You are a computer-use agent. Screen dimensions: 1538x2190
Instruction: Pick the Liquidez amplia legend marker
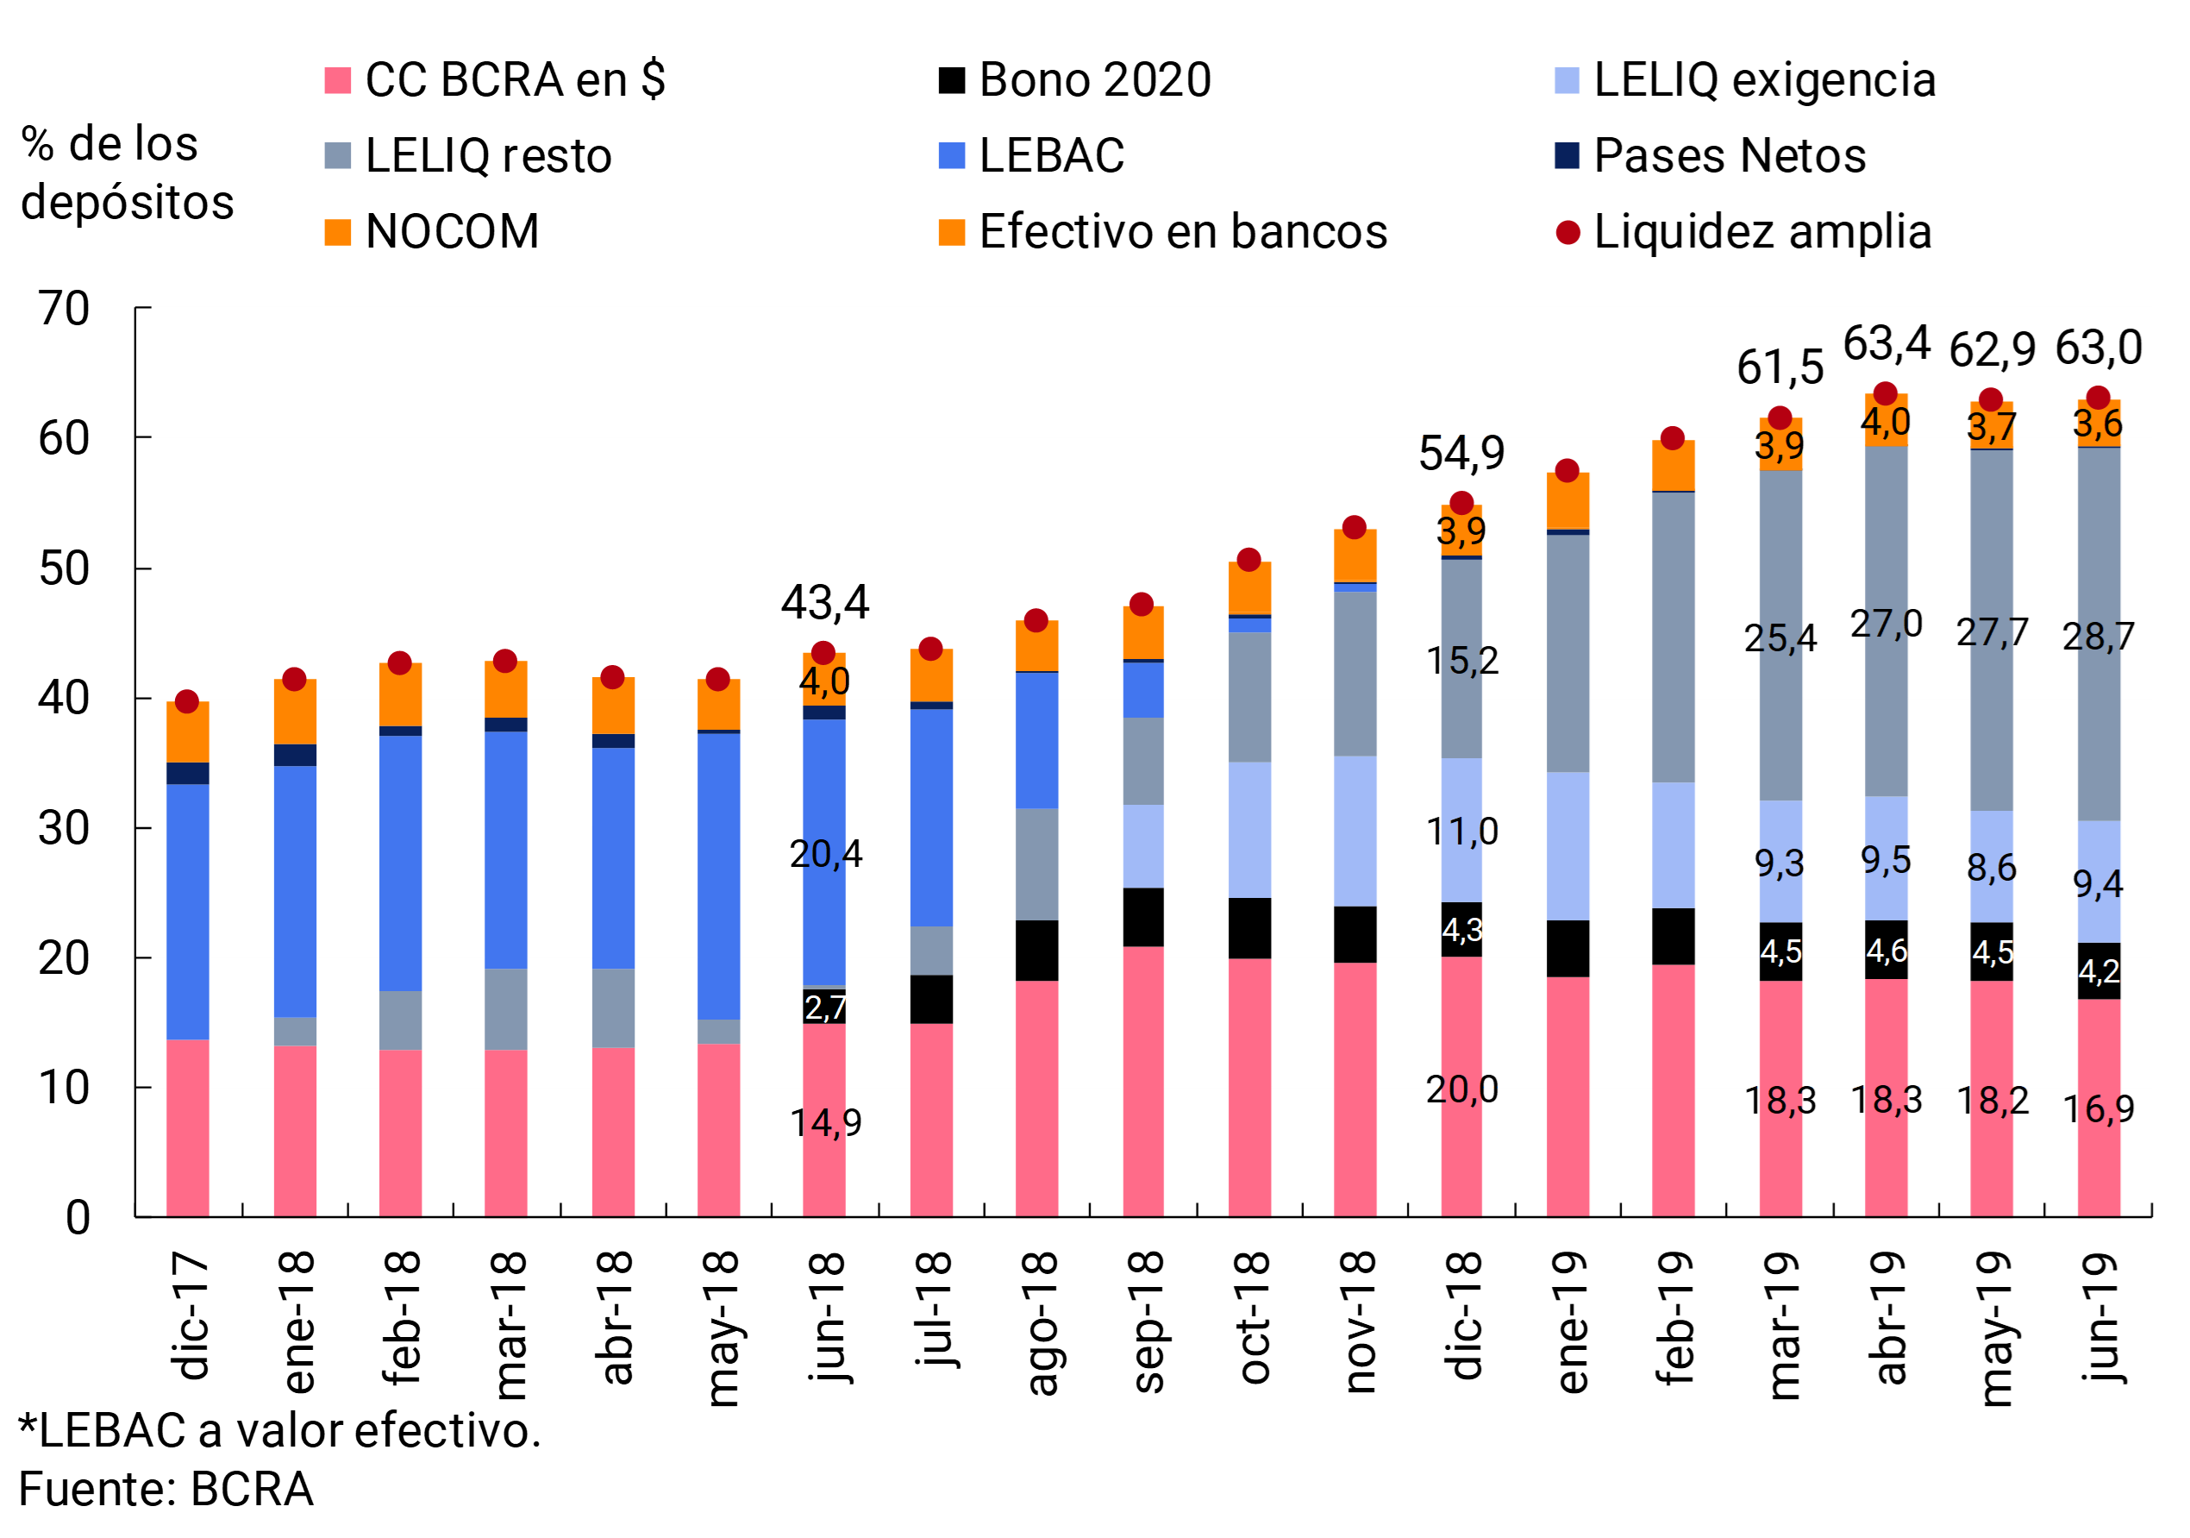tap(1567, 232)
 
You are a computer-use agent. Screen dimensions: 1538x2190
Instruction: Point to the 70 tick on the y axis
tap(64, 308)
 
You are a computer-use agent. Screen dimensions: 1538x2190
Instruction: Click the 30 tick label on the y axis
tap(64, 828)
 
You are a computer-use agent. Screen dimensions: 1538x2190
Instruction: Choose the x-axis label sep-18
tap(1143, 1321)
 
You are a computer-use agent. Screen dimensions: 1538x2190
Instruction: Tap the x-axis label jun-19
tap(2099, 1316)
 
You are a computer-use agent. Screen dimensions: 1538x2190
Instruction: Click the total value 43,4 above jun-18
tap(825, 603)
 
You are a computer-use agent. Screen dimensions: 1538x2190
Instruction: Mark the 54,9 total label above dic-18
tap(1461, 453)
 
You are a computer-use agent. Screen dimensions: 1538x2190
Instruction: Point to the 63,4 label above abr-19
tap(1886, 343)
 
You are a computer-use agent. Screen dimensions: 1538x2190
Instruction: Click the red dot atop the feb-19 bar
tap(1672, 439)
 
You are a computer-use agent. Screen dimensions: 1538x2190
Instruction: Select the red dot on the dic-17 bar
tap(187, 702)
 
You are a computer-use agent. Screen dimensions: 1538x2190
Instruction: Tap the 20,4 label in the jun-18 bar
tap(825, 854)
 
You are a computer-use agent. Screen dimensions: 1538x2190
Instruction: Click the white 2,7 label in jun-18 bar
tap(825, 1008)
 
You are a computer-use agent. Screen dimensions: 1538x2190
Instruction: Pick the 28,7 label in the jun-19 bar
tap(2098, 637)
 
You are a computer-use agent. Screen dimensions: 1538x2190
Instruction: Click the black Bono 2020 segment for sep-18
tap(1142, 917)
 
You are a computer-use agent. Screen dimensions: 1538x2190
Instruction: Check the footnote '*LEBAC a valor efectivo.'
tap(279, 1431)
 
